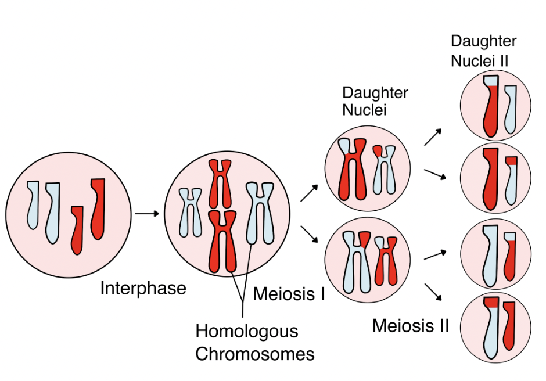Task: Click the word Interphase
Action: [143, 289]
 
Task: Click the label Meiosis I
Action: [289, 294]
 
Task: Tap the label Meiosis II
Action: [411, 326]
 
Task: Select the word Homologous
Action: [247, 332]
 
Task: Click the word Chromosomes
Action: [254, 354]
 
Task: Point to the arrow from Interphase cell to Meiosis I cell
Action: [146, 214]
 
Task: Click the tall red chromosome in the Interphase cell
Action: [98, 209]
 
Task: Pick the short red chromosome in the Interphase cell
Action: [77, 229]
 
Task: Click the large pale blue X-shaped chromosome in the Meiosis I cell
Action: [260, 213]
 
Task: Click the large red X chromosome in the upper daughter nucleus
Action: [353, 170]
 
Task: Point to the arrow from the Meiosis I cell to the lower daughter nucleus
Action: [310, 235]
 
